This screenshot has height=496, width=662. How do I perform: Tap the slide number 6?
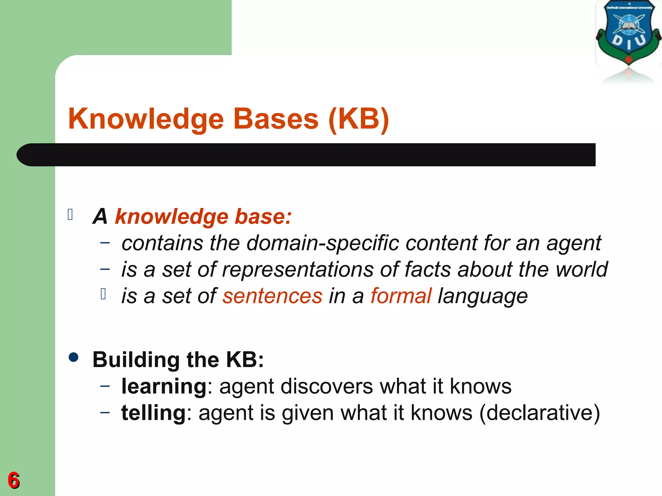click(x=14, y=480)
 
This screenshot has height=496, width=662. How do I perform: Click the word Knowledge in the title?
click(x=146, y=119)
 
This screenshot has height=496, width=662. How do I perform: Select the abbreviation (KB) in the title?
click(x=358, y=119)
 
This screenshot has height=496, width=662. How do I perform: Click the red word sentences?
click(x=272, y=296)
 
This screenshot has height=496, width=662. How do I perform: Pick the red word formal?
click(x=401, y=296)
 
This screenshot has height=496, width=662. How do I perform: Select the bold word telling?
click(x=153, y=413)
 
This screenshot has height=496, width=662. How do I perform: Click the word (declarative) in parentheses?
click(x=539, y=413)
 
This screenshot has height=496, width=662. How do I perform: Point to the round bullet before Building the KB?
click(x=74, y=357)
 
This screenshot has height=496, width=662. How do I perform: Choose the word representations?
click(x=297, y=270)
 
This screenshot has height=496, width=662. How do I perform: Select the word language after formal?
click(x=483, y=296)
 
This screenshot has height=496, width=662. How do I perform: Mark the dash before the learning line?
click(x=105, y=386)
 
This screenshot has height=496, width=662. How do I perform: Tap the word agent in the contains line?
click(x=574, y=243)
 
